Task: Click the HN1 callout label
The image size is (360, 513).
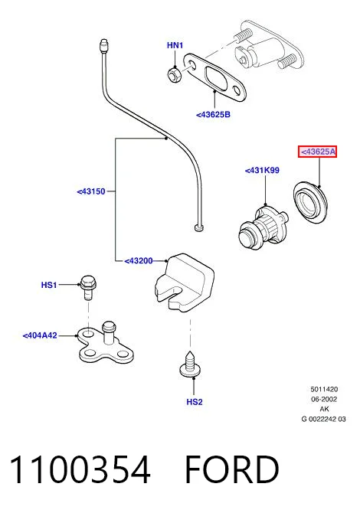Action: tap(175, 45)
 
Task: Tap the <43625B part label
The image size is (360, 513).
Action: tap(213, 115)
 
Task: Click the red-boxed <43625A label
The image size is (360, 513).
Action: tap(317, 152)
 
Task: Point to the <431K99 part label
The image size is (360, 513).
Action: tap(262, 170)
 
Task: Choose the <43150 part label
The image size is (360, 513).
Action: tap(91, 191)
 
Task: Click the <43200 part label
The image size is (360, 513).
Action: tap(139, 261)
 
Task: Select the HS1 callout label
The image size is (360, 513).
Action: tap(49, 285)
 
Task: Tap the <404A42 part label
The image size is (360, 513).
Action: tap(40, 335)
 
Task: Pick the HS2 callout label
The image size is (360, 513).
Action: tap(195, 402)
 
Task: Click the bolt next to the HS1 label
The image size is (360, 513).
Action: tap(88, 287)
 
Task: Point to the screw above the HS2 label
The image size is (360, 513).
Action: tap(190, 364)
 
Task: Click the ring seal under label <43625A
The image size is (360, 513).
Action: tap(310, 202)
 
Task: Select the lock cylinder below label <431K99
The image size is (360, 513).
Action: tap(263, 227)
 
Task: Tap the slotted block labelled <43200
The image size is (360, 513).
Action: tap(184, 282)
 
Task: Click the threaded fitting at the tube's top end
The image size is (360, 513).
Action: tap(103, 46)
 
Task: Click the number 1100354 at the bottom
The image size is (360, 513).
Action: tap(80, 469)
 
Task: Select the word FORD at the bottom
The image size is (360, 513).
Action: tap(232, 469)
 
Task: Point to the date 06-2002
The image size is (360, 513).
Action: tap(324, 399)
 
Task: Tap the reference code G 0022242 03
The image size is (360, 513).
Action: tap(323, 419)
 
